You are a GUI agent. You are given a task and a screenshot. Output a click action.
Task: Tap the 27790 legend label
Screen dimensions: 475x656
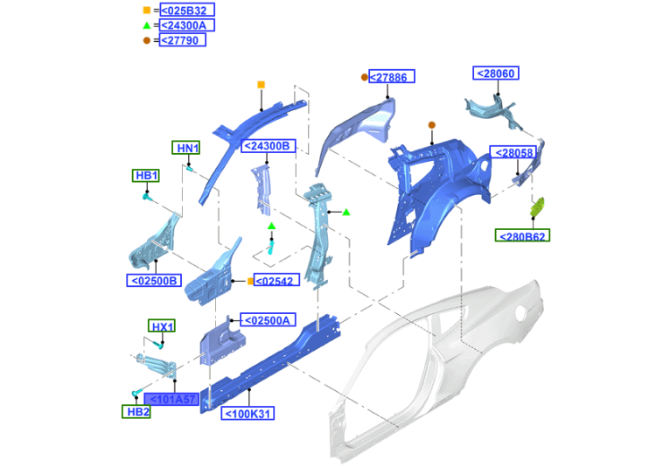182,40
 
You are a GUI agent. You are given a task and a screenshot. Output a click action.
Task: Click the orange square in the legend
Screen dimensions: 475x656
146,10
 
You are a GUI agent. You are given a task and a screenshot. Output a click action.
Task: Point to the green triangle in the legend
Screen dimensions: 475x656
146,25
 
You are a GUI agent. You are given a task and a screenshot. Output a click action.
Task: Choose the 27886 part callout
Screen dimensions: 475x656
392,77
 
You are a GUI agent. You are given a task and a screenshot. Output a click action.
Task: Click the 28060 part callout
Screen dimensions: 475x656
496,73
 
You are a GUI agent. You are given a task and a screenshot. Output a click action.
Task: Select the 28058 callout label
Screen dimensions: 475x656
512,152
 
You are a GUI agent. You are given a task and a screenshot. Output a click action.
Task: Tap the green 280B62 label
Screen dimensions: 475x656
523,235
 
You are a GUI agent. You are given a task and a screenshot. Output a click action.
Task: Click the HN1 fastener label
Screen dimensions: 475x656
186,148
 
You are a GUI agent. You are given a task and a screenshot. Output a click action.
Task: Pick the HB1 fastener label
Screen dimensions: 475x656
146,175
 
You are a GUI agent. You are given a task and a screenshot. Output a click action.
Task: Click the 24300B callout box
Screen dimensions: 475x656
267,146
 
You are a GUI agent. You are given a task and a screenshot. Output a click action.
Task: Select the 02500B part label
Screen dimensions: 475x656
154,281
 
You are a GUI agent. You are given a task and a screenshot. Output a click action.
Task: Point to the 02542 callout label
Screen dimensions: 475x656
276,281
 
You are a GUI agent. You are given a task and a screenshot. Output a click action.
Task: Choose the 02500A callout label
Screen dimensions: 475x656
266,320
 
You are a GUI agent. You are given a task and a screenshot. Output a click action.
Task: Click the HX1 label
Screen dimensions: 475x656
161,327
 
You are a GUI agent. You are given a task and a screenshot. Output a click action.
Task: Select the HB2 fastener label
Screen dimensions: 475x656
136,411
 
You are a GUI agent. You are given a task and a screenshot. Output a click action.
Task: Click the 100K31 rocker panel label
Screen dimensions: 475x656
248,414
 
